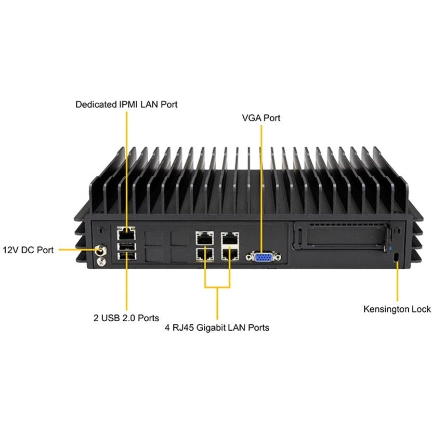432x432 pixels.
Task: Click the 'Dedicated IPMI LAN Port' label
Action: coord(126,104)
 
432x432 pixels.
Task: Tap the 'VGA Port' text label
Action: coord(261,118)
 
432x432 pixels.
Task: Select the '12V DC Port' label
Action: coord(28,250)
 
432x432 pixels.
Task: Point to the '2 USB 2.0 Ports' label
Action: coord(126,318)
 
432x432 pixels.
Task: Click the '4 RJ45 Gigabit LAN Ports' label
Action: coord(217,328)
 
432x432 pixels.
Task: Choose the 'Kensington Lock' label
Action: coord(397,309)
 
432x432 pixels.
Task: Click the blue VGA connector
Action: coord(264,257)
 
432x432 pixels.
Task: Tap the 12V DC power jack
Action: coord(101,251)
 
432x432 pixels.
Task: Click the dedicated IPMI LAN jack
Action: coord(126,233)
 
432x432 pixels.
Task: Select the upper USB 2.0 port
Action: coord(126,246)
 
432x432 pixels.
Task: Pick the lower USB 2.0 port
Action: coord(126,256)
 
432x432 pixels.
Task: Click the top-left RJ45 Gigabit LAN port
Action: coord(205,238)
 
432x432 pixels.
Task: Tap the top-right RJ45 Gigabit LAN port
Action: coord(230,239)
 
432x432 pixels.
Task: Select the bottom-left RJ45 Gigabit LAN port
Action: coord(205,254)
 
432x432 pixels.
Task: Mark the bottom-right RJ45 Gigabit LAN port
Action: coord(230,254)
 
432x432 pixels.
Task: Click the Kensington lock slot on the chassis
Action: coord(396,256)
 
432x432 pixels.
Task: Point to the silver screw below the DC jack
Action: coord(101,261)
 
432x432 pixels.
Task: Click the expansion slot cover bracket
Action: coord(342,236)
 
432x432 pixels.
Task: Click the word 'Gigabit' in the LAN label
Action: coord(212,328)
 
